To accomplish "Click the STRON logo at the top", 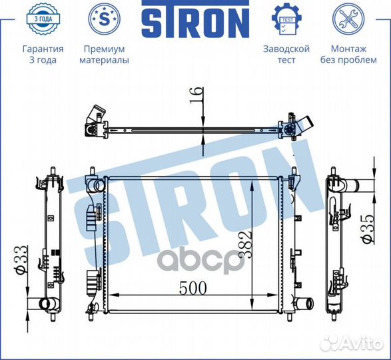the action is [x=195, y=19].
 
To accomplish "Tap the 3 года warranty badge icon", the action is [x=43, y=19].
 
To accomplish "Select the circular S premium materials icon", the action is [x=104, y=19].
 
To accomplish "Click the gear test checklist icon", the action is [x=286, y=19].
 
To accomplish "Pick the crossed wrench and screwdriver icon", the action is [x=348, y=19].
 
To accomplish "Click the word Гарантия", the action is [x=43, y=49].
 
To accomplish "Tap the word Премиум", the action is [x=104, y=49].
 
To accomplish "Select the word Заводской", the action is [x=286, y=49].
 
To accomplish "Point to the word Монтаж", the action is [x=348, y=49].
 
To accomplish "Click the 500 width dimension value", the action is [x=193, y=288].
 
